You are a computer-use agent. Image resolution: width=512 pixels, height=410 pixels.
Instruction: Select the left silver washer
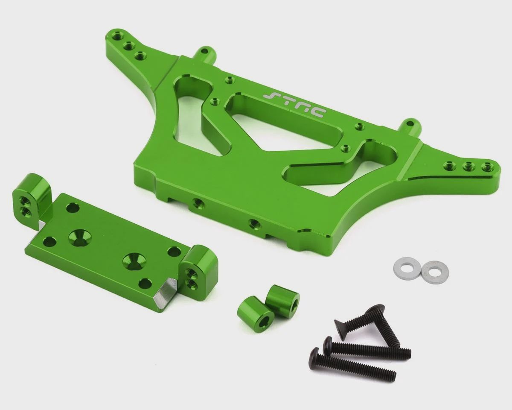(407, 266)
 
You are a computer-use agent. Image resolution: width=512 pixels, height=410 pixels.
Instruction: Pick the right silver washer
(435, 273)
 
